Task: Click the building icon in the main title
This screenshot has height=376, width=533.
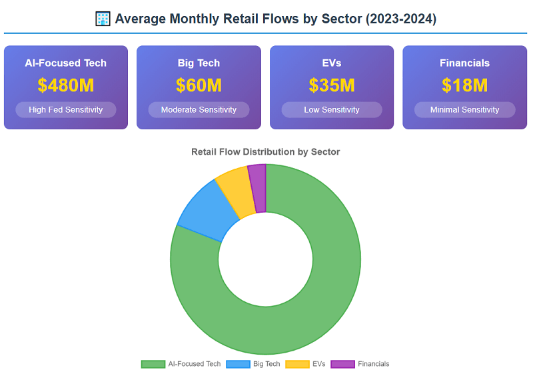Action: click(x=103, y=19)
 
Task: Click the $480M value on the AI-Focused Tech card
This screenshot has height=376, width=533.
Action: click(x=65, y=85)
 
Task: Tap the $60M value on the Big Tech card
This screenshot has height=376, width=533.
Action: click(x=199, y=85)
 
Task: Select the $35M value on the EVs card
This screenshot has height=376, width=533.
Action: click(x=332, y=85)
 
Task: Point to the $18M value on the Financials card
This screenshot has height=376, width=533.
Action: click(x=464, y=85)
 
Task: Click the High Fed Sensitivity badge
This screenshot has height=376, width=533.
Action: click(x=65, y=109)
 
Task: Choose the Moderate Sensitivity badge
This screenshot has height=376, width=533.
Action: click(x=199, y=109)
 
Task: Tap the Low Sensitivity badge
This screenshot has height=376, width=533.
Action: click(x=332, y=109)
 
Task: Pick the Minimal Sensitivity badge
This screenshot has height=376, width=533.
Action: click(x=464, y=109)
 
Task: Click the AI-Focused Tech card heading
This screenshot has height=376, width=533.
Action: click(x=65, y=63)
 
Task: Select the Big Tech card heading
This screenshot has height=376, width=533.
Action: click(x=199, y=63)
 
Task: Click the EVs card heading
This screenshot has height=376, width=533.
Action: click(x=332, y=63)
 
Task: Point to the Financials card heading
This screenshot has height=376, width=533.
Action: click(x=464, y=63)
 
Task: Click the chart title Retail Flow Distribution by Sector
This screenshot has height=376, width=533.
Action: click(x=265, y=152)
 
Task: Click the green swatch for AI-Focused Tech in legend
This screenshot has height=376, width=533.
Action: click(x=153, y=364)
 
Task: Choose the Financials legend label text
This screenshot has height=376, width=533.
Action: click(x=373, y=364)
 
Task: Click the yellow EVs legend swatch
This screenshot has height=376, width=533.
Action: click(x=297, y=364)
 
